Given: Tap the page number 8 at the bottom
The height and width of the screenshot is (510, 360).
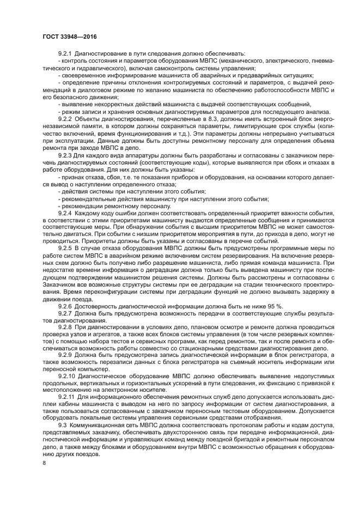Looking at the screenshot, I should [44, 463].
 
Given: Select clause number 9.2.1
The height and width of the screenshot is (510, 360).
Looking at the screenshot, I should [65, 53].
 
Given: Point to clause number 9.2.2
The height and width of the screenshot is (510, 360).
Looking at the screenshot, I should [65, 119].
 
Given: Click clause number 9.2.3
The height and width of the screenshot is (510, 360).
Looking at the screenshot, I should [65, 155].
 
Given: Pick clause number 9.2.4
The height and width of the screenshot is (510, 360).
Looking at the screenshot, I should [65, 213].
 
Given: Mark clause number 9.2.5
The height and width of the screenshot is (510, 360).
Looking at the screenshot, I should [65, 249].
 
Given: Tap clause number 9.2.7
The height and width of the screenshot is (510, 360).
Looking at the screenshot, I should [65, 314].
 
